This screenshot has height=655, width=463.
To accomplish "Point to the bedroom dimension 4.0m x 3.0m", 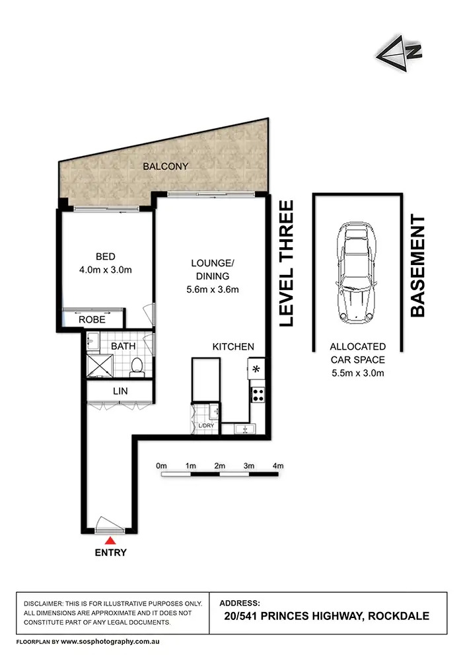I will pyautogui.click(x=106, y=269).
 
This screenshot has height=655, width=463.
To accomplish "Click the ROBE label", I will pyautogui.click(x=92, y=319).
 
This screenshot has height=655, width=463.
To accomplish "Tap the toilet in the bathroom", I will pyautogui.click(x=137, y=367).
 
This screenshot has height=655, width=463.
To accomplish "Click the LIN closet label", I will pyautogui.click(x=120, y=391).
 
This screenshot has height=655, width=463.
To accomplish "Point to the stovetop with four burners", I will pyautogui.click(x=257, y=395).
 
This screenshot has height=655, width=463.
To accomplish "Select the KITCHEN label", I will pyautogui.click(x=232, y=346).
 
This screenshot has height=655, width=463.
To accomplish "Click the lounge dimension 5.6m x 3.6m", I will pyautogui.click(x=211, y=289).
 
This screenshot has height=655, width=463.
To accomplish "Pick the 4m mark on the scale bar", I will pyautogui.click(x=278, y=466).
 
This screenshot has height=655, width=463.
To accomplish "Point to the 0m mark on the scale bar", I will pyautogui.click(x=162, y=466).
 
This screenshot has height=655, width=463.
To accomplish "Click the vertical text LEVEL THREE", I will pyautogui.click(x=285, y=264).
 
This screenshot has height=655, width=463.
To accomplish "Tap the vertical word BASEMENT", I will pyautogui.click(x=417, y=266).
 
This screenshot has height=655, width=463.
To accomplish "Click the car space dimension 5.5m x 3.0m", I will pyautogui.click(x=357, y=373).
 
